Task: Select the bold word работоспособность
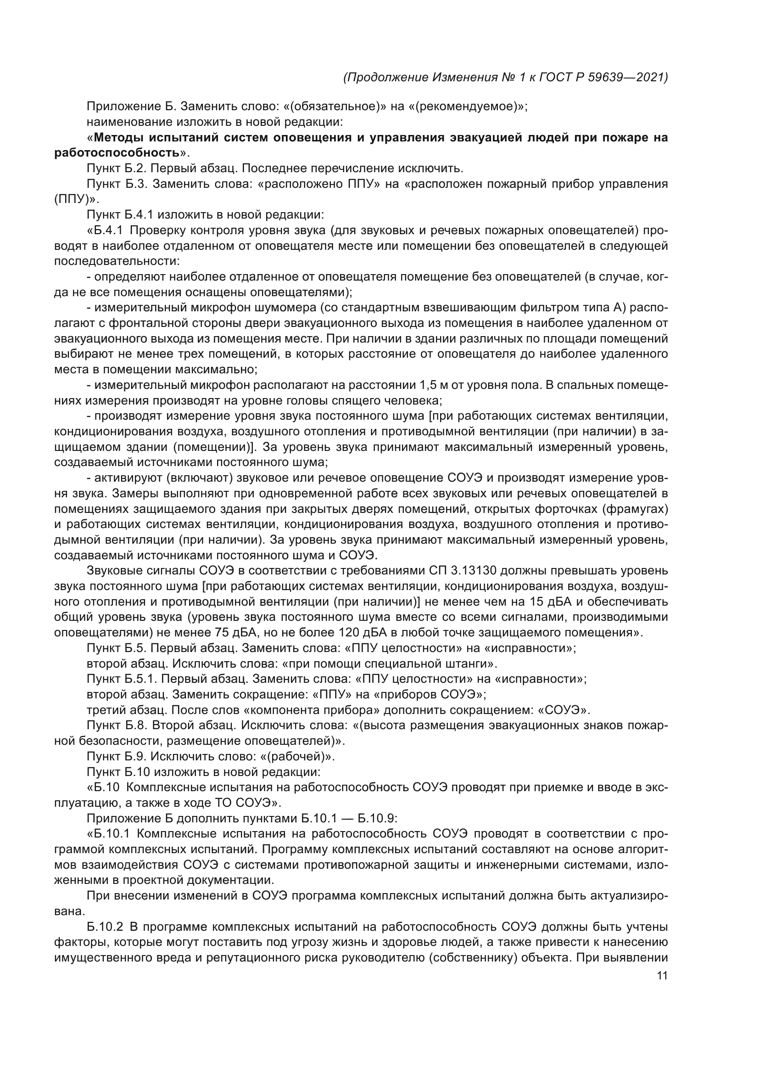117,153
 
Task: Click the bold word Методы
118,138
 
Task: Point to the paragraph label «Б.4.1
105,231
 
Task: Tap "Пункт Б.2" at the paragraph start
116,169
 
